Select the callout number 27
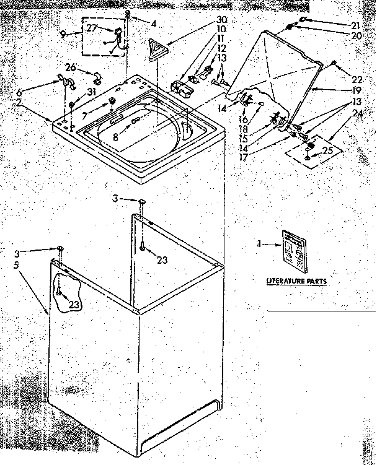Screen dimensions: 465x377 91,28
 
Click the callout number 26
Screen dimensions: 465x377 69,68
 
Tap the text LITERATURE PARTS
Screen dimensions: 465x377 296,281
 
